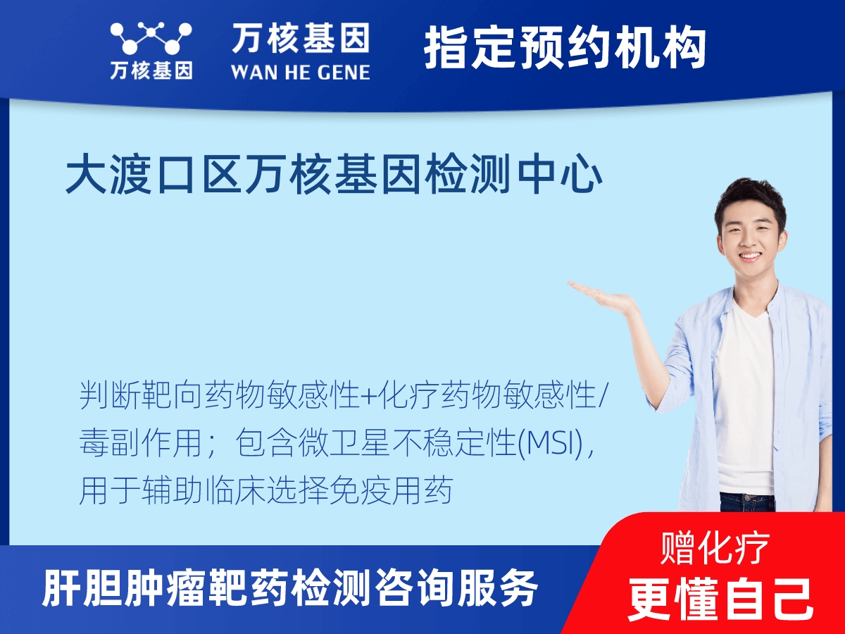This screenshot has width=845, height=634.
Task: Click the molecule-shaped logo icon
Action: [x=151, y=37]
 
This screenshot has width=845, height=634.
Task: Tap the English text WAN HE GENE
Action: [x=301, y=73]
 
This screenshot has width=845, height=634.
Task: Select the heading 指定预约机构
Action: [x=565, y=47]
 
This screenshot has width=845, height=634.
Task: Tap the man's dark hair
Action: [x=750, y=202]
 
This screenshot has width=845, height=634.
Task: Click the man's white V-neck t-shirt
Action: [x=745, y=400]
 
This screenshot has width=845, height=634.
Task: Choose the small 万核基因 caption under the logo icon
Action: [x=151, y=71]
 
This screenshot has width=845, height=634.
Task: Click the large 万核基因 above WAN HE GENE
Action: [x=300, y=38]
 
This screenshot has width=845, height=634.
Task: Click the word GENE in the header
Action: [x=344, y=73]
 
